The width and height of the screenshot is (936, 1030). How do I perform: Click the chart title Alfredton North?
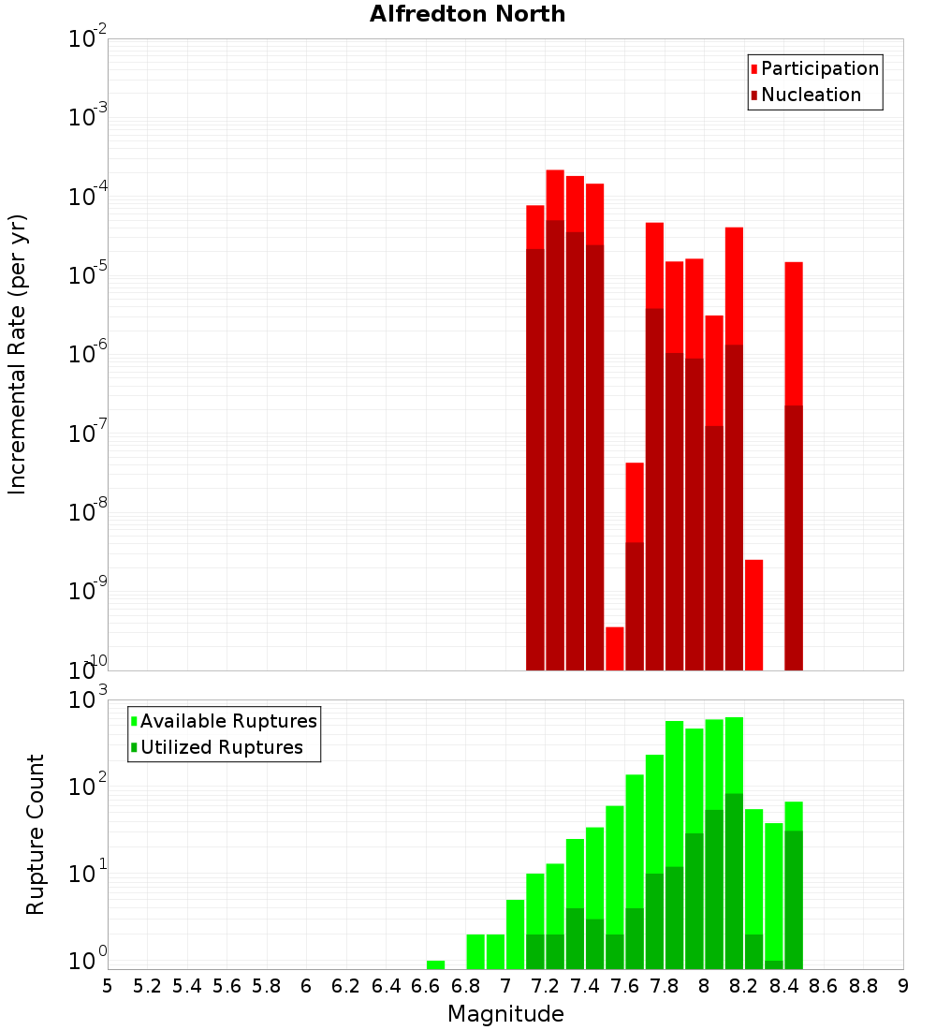[467, 14]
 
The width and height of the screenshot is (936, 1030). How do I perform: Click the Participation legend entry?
[820, 68]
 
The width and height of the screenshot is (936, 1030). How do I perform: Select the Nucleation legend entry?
[811, 95]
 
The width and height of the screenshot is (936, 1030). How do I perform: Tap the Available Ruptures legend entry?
[228, 721]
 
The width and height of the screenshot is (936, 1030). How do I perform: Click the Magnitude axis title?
[505, 1014]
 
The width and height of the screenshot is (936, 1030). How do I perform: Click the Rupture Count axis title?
[36, 833]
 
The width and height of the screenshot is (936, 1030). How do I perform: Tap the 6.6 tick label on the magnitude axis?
[426, 986]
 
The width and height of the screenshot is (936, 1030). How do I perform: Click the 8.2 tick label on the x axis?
[745, 986]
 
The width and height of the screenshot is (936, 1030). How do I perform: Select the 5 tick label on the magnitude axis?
[108, 986]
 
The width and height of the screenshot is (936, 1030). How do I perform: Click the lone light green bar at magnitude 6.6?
[435, 964]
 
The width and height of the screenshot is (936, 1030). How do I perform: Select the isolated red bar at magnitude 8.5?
[794, 332]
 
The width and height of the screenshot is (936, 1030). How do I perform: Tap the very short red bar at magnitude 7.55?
[615, 648]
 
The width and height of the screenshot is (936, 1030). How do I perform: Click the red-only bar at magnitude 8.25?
[754, 613]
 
